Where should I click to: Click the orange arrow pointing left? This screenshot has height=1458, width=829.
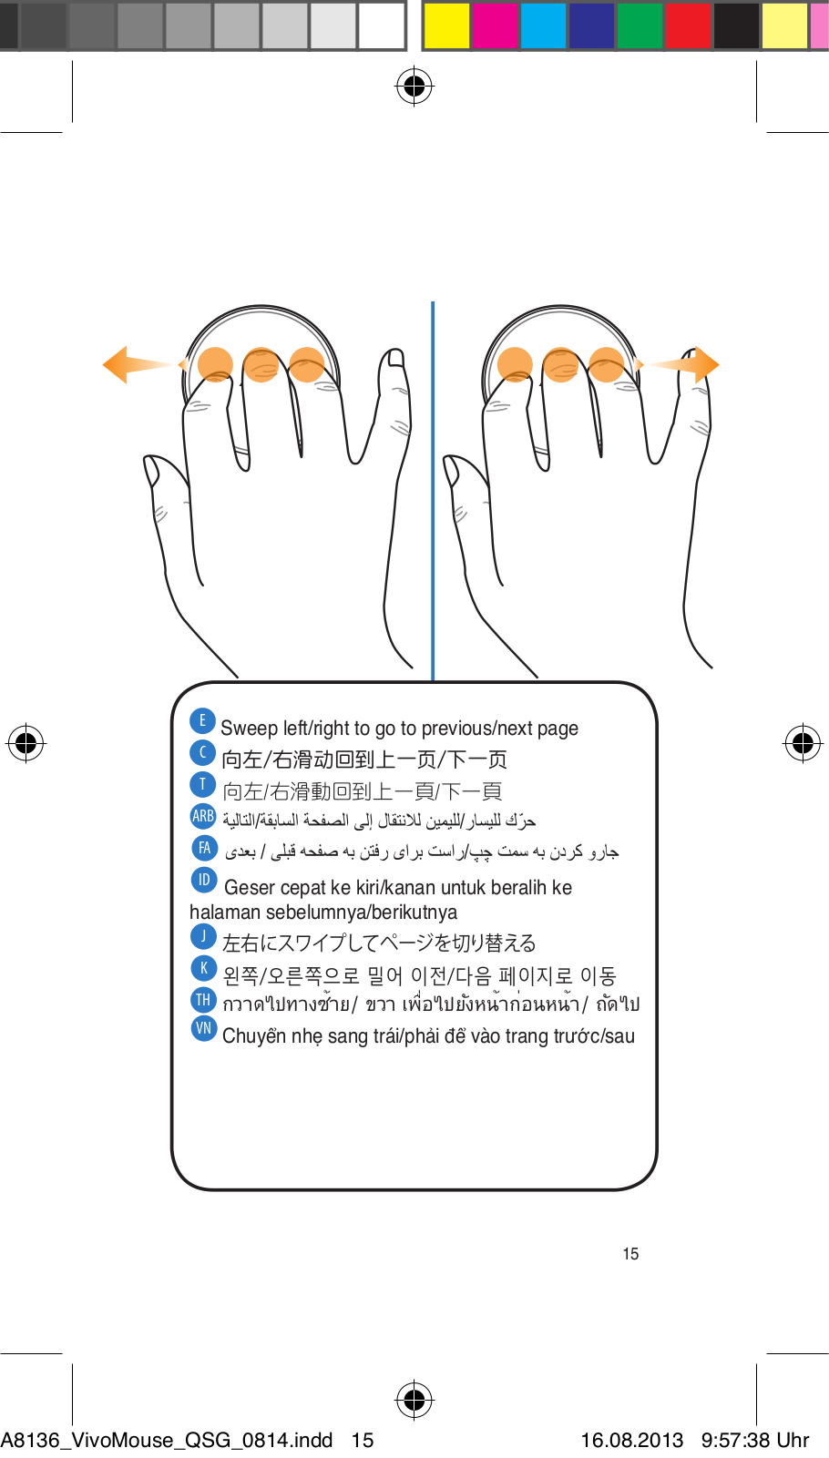tap(128, 364)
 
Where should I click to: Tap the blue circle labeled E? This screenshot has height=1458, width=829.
tap(202, 720)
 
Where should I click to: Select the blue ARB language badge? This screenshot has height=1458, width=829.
tap(203, 816)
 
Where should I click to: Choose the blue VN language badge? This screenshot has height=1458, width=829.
tap(203, 1028)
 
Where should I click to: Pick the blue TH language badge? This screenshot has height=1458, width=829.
tap(203, 999)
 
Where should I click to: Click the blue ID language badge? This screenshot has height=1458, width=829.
tap(203, 880)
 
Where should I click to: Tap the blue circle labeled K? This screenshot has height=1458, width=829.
tap(203, 967)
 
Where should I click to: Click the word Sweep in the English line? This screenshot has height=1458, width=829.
tap(249, 729)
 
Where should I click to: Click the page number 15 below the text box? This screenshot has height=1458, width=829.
tap(630, 1254)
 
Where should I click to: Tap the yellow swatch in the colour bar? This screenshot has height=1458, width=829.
tap(446, 25)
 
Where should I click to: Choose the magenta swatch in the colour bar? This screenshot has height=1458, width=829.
tap(495, 25)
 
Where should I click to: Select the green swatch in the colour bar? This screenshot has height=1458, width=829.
tap(640, 25)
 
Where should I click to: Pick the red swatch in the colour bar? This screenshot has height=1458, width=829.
tap(688, 25)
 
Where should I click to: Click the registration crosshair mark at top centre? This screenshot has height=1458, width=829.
tap(414, 87)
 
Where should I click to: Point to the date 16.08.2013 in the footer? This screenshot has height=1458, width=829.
tap(631, 1440)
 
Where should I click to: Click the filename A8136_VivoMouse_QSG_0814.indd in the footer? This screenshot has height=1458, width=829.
tap(167, 1440)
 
